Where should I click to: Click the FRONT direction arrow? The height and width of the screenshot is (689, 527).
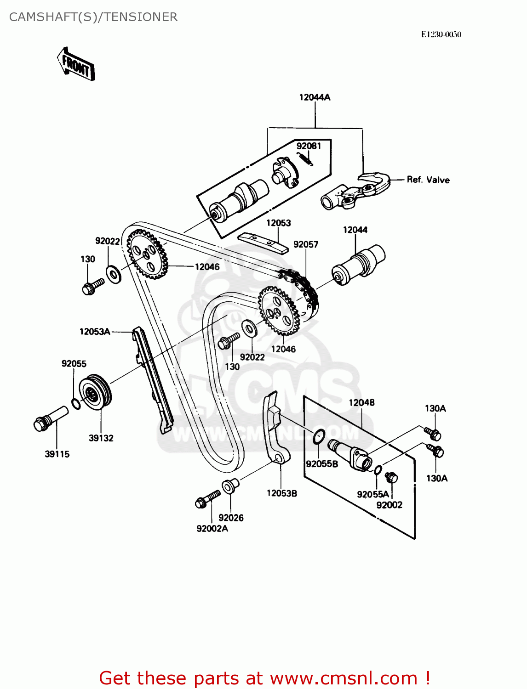[x=76, y=64]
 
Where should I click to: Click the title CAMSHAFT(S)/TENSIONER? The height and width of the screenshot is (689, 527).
[x=93, y=17]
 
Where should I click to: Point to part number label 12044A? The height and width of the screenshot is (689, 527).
[x=315, y=97]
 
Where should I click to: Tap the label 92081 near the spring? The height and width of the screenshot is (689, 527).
[x=309, y=146]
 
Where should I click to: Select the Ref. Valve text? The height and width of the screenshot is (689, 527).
[x=428, y=180]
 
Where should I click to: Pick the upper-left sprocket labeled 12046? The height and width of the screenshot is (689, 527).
[x=146, y=254]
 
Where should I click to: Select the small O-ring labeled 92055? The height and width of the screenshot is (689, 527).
[x=76, y=404]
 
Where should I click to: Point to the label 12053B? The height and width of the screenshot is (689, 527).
[x=282, y=493]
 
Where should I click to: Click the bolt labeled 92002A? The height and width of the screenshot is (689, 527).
[x=207, y=499]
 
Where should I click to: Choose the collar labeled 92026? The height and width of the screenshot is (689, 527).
[x=229, y=486]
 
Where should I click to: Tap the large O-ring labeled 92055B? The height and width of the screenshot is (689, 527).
[x=319, y=437]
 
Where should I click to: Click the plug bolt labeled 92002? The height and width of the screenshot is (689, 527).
[x=391, y=478]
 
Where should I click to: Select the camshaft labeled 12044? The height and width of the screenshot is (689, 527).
[x=359, y=265]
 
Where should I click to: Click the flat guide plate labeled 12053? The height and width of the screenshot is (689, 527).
[x=263, y=243]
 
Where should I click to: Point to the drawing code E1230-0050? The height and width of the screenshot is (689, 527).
[x=441, y=34]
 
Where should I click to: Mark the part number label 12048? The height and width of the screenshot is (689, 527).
[x=361, y=403]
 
